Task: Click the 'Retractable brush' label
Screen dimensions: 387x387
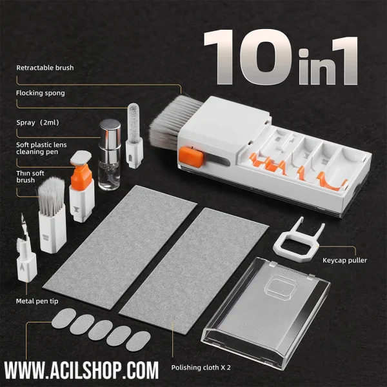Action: pos(45,68)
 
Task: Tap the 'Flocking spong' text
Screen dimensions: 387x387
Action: pos(41,93)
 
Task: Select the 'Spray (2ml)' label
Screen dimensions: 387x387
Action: pos(38,123)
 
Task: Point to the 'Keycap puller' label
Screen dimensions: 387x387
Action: pos(344,261)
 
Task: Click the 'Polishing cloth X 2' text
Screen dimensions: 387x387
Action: pos(201,368)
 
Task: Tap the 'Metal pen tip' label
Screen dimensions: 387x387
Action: pos(37,301)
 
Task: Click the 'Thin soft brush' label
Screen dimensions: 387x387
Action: pos(30,177)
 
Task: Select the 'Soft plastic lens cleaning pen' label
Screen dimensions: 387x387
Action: pos(41,148)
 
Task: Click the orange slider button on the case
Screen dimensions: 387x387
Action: pos(191,157)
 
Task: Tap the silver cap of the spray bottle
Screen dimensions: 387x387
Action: pos(110,134)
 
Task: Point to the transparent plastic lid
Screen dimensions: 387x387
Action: pos(266,312)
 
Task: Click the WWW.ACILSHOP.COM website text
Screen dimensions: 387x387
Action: pos(81,370)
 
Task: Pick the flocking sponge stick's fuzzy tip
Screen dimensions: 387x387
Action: pos(134,123)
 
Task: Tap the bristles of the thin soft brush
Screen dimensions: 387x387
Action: pos(52,196)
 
